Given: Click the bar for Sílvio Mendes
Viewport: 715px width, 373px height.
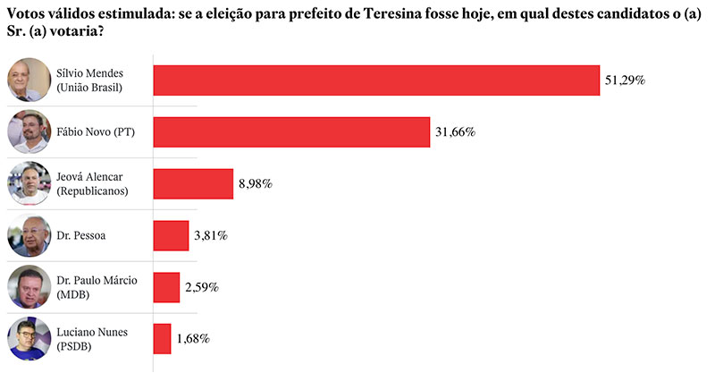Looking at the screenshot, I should tap(376, 81).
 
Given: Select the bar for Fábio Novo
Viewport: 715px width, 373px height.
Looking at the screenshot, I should tap(292, 132).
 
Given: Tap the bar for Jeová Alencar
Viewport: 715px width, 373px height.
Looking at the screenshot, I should tap(193, 184).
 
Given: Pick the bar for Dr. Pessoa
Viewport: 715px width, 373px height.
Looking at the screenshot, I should tap(172, 235).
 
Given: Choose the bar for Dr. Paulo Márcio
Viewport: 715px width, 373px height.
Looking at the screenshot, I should tap(166, 287).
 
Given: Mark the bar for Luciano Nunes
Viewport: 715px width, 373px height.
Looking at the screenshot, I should tap(163, 339).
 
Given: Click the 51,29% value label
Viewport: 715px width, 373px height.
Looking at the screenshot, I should tap(625, 81).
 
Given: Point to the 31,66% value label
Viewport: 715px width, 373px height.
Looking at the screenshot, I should tap(456, 132).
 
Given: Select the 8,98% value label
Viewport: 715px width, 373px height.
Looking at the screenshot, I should tap(255, 184).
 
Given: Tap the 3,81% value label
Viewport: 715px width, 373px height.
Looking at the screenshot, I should tap(211, 235).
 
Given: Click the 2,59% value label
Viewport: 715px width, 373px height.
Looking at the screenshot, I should tap(201, 287).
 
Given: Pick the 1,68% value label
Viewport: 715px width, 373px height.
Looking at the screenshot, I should tap(192, 339).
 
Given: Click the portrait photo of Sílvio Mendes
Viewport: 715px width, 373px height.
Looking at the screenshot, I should tap(27, 81).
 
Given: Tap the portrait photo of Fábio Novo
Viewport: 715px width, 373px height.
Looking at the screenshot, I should tap(27, 132).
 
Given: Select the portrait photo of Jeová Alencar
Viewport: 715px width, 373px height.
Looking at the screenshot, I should tap(27, 184).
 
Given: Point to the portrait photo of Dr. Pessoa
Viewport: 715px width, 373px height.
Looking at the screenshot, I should tap(27, 236).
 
